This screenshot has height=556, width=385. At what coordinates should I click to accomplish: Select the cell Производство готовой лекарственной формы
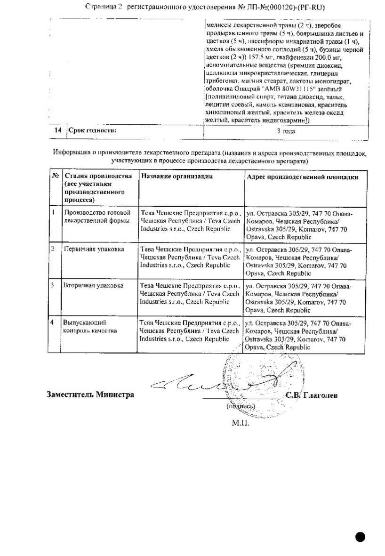coord(97,217)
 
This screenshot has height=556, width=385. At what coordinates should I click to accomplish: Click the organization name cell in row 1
coord(190,221)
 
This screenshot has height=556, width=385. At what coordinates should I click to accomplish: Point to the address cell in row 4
coord(298,334)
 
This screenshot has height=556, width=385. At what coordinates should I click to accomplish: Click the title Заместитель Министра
coord(90,395)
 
